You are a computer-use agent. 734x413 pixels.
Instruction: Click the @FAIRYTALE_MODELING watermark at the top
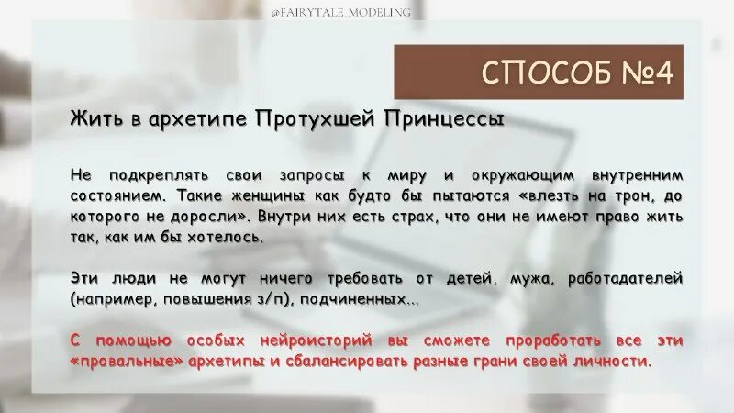(x=367, y=11)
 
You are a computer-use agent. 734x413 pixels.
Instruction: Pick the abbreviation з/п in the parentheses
(x=279, y=300)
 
